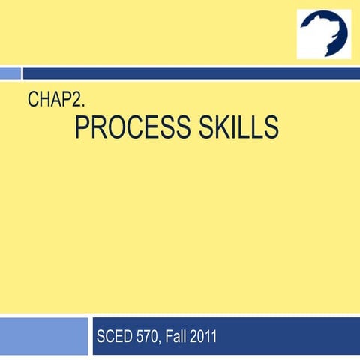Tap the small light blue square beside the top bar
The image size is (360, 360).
click(x=10, y=73)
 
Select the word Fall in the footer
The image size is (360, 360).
click(x=177, y=336)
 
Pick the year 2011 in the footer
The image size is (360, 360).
click(x=204, y=336)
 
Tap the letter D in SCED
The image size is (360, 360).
click(x=126, y=336)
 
